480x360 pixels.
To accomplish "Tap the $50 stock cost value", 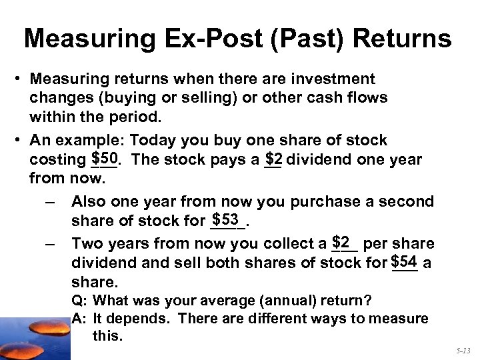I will click(x=105, y=159).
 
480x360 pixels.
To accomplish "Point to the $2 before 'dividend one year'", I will click(x=273, y=159).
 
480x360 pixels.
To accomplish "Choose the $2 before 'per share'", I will click(x=342, y=241).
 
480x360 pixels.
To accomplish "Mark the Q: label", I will click(x=79, y=299).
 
